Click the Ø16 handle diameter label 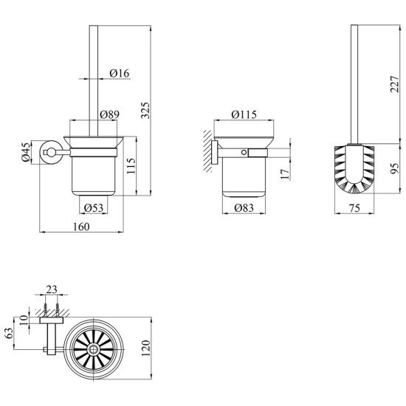[119, 73]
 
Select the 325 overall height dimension [145, 111]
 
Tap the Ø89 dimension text [110, 114]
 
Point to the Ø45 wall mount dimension [26, 152]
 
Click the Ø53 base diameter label [94, 207]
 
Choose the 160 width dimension [81, 227]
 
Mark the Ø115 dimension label [244, 114]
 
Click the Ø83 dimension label [244, 207]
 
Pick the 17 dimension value [284, 174]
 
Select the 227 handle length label [395, 84]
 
